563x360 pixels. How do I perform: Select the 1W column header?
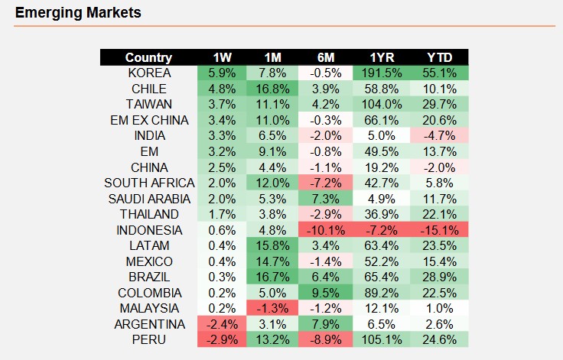(222, 57)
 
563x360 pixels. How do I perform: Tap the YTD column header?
(440, 57)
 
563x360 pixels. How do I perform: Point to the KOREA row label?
(150, 73)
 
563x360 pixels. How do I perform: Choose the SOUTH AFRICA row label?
(150, 183)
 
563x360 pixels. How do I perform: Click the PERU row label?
(150, 339)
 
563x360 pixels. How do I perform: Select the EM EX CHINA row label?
(150, 120)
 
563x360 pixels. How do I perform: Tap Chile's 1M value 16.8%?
(272, 89)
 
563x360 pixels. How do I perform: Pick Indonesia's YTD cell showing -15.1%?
(440, 230)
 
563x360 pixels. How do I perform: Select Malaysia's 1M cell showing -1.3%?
(272, 308)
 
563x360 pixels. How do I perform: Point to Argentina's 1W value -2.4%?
(222, 324)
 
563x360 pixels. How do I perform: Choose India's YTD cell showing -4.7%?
(440, 136)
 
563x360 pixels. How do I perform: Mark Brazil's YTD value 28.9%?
(440, 277)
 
